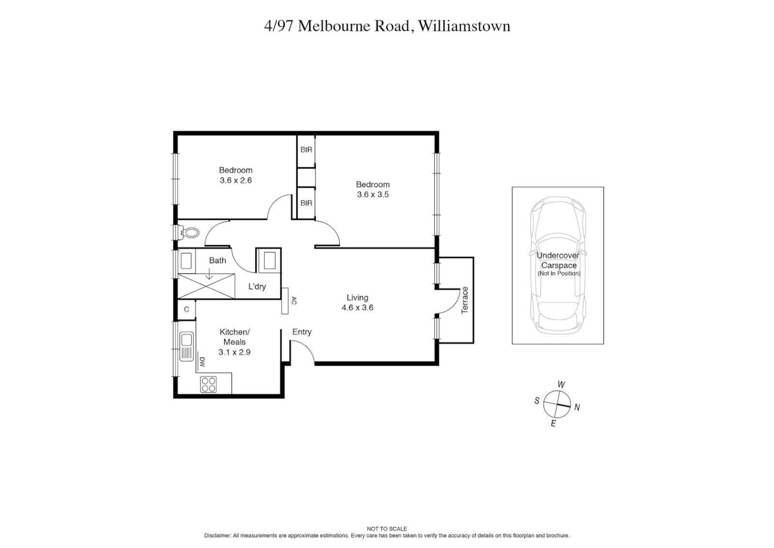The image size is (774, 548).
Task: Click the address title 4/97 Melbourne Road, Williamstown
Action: tap(387, 26)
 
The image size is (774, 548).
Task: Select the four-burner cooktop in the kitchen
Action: tap(208, 385)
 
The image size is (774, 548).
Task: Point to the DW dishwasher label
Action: tap(202, 362)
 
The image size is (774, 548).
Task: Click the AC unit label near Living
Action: tap(293, 301)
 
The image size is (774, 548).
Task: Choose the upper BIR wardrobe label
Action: tap(306, 150)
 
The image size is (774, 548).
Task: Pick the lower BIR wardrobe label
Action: tap(306, 203)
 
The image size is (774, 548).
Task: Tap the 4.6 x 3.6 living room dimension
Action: tap(357, 307)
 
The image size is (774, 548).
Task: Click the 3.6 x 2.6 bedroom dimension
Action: tap(236, 180)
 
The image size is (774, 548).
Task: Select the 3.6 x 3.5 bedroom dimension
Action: tap(373, 194)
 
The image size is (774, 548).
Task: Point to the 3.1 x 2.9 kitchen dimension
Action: tap(234, 352)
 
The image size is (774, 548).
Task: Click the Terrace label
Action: tap(465, 300)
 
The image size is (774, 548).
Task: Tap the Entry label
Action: tap(302, 332)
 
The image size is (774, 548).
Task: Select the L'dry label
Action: tap(257, 287)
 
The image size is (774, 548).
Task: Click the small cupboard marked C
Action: tap(187, 310)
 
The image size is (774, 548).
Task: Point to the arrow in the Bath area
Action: tap(209, 274)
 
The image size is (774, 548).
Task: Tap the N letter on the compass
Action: tap(577, 407)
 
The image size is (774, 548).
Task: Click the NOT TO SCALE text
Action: tap(387, 529)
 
